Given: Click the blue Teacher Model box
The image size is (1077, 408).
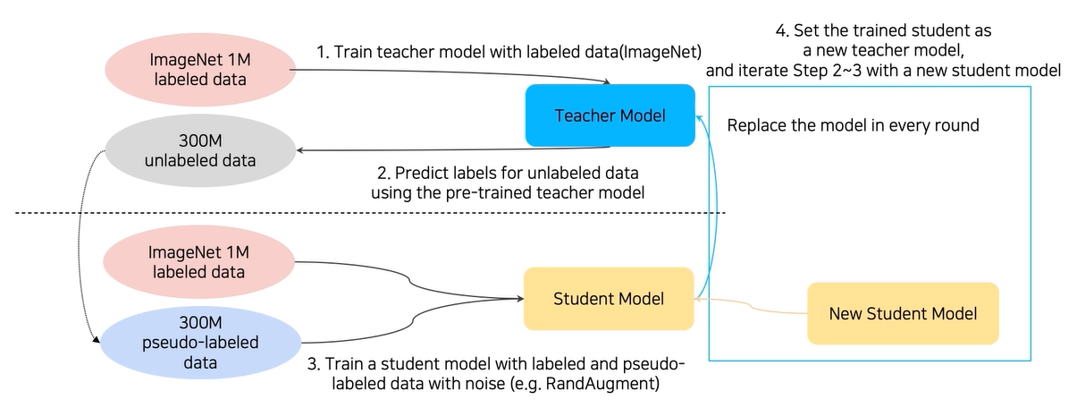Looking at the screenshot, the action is pyautogui.click(x=610, y=115).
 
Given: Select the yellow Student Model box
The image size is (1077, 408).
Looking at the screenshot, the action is pyautogui.click(x=609, y=299).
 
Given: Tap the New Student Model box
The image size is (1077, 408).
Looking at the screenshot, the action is pyautogui.click(x=903, y=313).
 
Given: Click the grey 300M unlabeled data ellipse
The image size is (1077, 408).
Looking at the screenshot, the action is pyautogui.click(x=200, y=150).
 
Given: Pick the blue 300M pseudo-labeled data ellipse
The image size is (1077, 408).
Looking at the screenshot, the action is pyautogui.click(x=200, y=343).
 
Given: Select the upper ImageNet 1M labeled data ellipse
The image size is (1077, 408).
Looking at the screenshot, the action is pyautogui.click(x=200, y=69).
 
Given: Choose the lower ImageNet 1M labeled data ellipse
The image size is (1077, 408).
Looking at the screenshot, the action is pyautogui.click(x=198, y=262).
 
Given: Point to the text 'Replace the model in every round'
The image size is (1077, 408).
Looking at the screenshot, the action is pyautogui.click(x=853, y=125).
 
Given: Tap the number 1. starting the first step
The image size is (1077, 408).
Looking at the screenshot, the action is pyautogui.click(x=323, y=52).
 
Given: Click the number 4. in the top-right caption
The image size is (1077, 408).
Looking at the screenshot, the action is pyautogui.click(x=782, y=30).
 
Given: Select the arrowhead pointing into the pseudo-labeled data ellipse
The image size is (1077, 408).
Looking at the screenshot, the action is pyautogui.click(x=97, y=340).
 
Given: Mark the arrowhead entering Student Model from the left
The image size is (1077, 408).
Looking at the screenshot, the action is pyautogui.click(x=520, y=299).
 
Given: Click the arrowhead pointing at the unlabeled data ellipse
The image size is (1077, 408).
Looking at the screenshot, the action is pyautogui.click(x=300, y=150).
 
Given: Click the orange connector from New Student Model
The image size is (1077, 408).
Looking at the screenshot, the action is pyautogui.click(x=751, y=305).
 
